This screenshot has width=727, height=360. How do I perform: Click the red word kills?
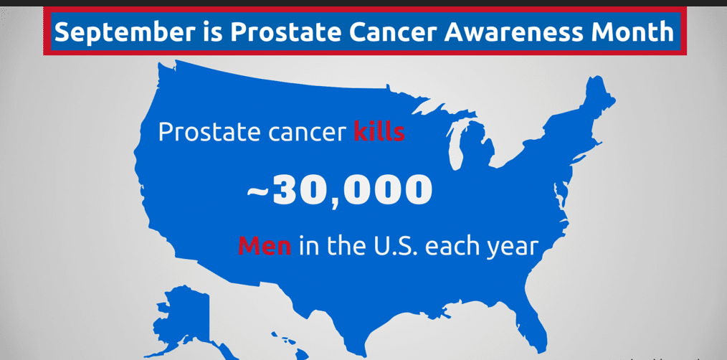click(379, 132)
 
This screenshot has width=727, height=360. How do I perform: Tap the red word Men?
click(265, 247)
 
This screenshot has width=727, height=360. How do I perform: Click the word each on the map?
click(450, 247)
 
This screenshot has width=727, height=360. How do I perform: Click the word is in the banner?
click(213, 32)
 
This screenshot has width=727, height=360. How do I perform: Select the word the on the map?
click(347, 247)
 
